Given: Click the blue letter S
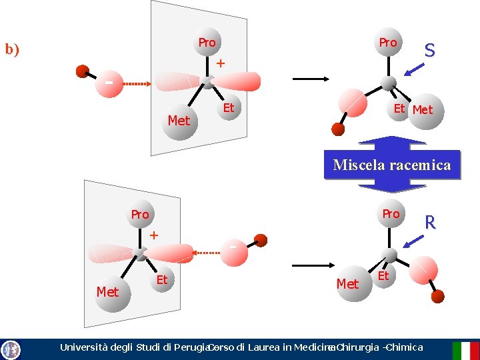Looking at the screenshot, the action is click(430, 50).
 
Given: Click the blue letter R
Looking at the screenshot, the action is click(430, 222).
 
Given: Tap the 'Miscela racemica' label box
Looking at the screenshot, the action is click(392, 165).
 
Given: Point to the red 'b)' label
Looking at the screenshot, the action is click(12, 49).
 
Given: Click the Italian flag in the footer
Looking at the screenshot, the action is click(465, 350).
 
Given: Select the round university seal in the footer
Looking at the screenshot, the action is click(11, 349).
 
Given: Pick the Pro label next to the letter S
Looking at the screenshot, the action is click(388, 43).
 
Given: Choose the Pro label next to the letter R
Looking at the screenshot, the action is click(391, 214).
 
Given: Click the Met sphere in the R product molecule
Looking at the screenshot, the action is click(347, 284).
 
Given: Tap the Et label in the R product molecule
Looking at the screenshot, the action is click(383, 275).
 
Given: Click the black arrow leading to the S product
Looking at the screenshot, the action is click(311, 79).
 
